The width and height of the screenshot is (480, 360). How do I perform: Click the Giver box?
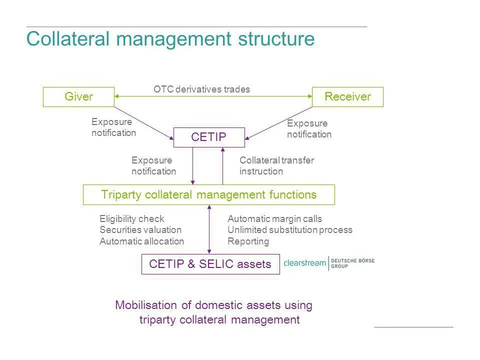(78, 97)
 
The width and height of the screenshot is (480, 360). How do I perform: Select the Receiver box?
(347, 97)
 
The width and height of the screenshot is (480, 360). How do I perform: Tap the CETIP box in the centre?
(209, 137)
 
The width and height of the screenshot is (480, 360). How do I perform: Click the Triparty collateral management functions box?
(208, 194)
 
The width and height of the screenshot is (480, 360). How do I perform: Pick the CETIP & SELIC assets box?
(210, 264)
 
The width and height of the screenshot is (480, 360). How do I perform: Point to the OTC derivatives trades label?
(201, 89)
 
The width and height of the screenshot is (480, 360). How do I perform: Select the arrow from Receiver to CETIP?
(279, 122)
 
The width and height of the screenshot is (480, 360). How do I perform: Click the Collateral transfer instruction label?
(276, 166)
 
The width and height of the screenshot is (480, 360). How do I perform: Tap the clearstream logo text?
(304, 263)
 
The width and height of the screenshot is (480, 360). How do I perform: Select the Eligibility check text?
(131, 219)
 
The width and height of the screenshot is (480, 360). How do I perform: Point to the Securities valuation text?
(140, 230)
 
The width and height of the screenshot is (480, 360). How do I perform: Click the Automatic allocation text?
(141, 241)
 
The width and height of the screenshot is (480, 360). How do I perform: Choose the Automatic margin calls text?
(274, 219)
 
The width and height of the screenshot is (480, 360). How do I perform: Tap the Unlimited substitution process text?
(290, 230)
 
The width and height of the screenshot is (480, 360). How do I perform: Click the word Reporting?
(248, 241)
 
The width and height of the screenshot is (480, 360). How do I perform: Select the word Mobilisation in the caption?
(146, 305)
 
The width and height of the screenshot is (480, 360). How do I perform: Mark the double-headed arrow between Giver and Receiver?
(213, 96)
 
